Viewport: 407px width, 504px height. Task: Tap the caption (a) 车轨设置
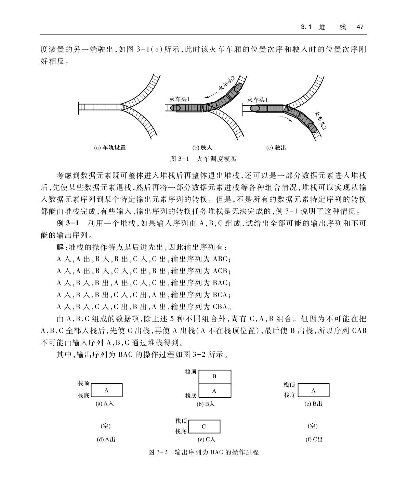point(110,148)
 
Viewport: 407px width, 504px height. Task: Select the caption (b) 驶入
point(202,148)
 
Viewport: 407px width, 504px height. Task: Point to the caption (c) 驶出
point(276,148)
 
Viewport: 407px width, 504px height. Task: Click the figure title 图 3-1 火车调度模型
point(203,159)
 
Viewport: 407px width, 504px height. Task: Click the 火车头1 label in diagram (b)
point(180,99)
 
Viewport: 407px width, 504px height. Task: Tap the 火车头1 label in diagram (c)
point(258,100)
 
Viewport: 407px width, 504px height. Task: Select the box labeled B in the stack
point(214,376)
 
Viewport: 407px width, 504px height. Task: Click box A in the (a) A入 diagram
point(106,390)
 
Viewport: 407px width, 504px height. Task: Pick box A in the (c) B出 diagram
point(313,390)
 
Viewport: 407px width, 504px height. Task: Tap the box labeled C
point(204,426)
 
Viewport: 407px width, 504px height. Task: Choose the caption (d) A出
point(106,439)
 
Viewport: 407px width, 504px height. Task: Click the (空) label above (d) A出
point(105,426)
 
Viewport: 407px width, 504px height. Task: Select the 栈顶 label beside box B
point(191,372)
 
